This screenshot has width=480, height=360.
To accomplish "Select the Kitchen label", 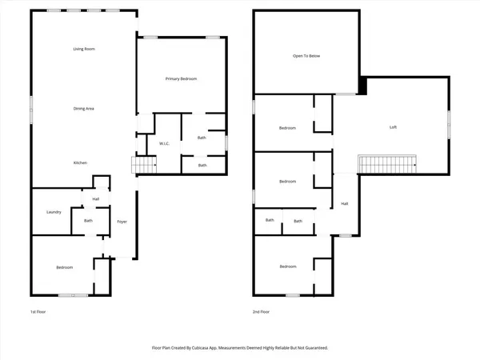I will (81, 163).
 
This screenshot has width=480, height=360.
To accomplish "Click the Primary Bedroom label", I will (181, 78).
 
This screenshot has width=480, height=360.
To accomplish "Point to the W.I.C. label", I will (165, 144).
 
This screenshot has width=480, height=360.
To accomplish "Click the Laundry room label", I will (54, 212).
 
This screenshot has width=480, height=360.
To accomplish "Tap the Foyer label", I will (122, 221).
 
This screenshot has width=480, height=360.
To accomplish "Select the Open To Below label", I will (306, 57).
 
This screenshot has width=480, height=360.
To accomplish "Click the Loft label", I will (393, 127).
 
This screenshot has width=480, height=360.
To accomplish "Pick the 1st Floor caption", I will (38, 312).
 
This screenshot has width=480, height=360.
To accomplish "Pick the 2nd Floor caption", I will (261, 312).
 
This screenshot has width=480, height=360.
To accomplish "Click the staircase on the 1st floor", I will (144, 164).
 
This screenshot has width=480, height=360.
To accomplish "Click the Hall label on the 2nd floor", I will (345, 203).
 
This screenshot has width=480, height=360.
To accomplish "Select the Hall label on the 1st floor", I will (96, 198).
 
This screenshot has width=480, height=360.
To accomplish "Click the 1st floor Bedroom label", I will (64, 267).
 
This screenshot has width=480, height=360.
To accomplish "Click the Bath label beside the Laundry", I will (87, 221).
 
